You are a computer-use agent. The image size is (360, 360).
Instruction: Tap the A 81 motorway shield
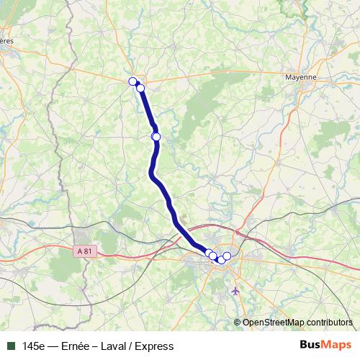pos(84,251)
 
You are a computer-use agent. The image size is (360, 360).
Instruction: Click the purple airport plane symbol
pos(235,291)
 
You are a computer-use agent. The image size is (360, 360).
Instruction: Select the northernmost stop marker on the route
pos(132,81)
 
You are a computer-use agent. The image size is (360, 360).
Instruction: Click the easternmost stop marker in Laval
pos(227,256)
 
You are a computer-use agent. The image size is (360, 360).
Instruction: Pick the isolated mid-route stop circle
pos(156,136)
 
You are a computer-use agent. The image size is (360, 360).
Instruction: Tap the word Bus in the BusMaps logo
pos(311,346)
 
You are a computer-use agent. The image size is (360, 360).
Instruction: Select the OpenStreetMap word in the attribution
pos(274,323)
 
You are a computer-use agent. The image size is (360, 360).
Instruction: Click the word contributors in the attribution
pos(329,323)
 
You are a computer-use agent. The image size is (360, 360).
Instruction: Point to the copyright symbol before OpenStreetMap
pos(238,323)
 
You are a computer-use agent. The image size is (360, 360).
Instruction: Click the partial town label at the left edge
pos(6,41)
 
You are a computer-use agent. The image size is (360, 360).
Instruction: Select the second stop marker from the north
pos(140,89)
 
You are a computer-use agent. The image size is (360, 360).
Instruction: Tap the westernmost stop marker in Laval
pos(209,253)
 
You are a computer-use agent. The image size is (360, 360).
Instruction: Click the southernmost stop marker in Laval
pos(220,260)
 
